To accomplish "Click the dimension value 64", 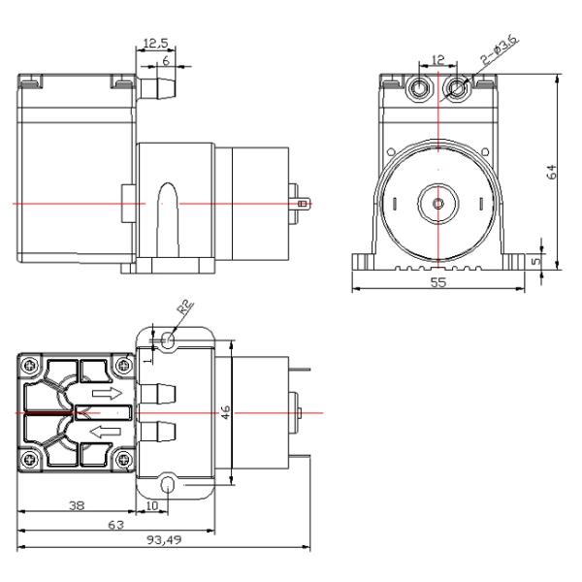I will coord(552,172).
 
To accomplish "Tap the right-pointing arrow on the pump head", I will coord(106,394).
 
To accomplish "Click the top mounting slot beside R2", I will coord(170,339).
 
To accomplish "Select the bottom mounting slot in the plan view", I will coord(170,484).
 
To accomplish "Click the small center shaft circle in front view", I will coord(438,204).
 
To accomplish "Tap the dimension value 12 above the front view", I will coord(438,61).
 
